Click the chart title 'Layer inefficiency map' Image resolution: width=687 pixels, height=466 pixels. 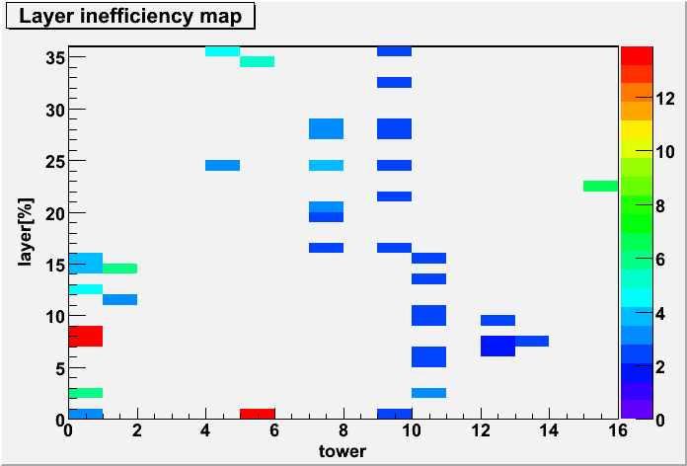point(130,17)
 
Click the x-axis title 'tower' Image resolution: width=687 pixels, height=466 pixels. point(343,450)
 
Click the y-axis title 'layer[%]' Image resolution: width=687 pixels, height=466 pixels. point(26,232)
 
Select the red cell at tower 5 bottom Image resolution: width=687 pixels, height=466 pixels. point(258,414)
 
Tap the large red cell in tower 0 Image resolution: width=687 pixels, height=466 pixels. point(86,337)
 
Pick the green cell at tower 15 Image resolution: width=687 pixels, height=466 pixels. point(601,186)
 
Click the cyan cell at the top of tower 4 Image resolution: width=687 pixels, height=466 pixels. point(222,51)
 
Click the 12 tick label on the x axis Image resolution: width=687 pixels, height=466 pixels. point(481,431)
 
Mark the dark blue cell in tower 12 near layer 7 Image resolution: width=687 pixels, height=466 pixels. point(497,346)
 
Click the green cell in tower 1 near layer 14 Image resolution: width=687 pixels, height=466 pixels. point(120,269)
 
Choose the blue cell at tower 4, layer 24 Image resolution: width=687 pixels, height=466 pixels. point(222,165)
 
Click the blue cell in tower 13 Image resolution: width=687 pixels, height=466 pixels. point(532,341)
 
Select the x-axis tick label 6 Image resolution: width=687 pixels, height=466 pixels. point(274,431)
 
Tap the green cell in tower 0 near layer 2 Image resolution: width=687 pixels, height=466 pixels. point(86,393)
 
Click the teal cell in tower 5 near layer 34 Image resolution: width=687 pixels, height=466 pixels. point(258,62)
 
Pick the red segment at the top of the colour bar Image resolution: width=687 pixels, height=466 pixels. point(637,55)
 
